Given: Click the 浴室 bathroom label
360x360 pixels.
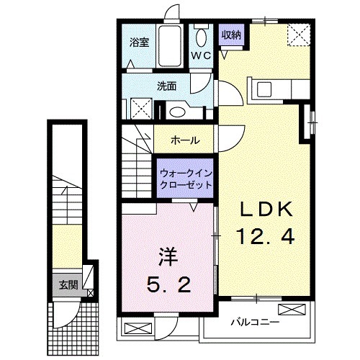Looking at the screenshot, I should pos(138,41).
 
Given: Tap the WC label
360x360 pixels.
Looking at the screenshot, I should pos(200,55).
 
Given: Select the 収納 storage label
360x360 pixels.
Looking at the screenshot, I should pos(230,34).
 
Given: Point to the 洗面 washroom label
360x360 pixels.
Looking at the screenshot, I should pos(167,85).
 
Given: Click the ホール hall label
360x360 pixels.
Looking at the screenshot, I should pos(186,140).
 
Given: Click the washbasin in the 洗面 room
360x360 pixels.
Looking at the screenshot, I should pos(176,112).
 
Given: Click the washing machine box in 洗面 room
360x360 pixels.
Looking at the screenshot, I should pos(140,111).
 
